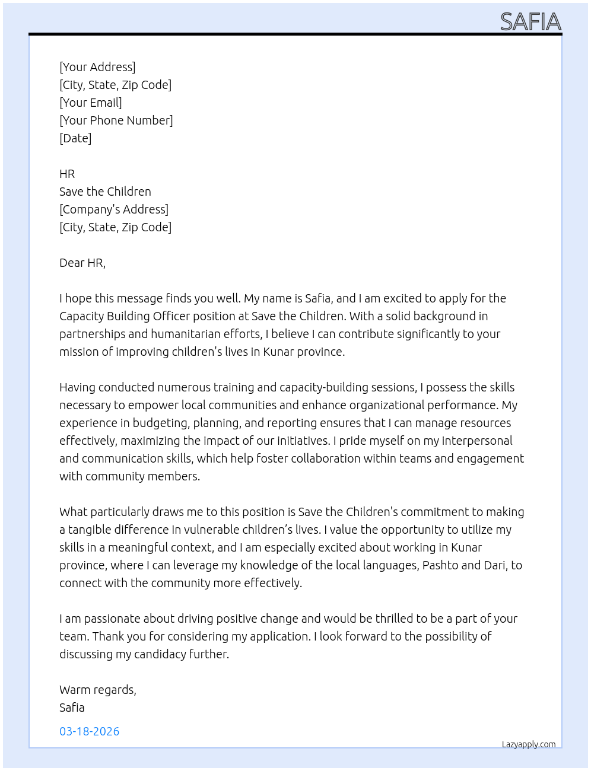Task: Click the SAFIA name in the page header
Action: [x=530, y=22]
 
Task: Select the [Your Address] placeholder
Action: [x=97, y=67]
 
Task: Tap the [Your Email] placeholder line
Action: [x=91, y=103]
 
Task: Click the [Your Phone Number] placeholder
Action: [x=116, y=120]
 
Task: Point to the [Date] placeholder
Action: [x=75, y=138]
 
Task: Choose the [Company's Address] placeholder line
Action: [x=114, y=209]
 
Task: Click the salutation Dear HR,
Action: [x=82, y=263]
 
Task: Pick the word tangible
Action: [x=89, y=530]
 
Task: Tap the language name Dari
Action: [x=495, y=565]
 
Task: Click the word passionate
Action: [x=112, y=619]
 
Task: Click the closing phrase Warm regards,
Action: [x=98, y=690]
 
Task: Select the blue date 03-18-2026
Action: [x=90, y=731]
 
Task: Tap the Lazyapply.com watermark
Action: [x=529, y=744]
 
